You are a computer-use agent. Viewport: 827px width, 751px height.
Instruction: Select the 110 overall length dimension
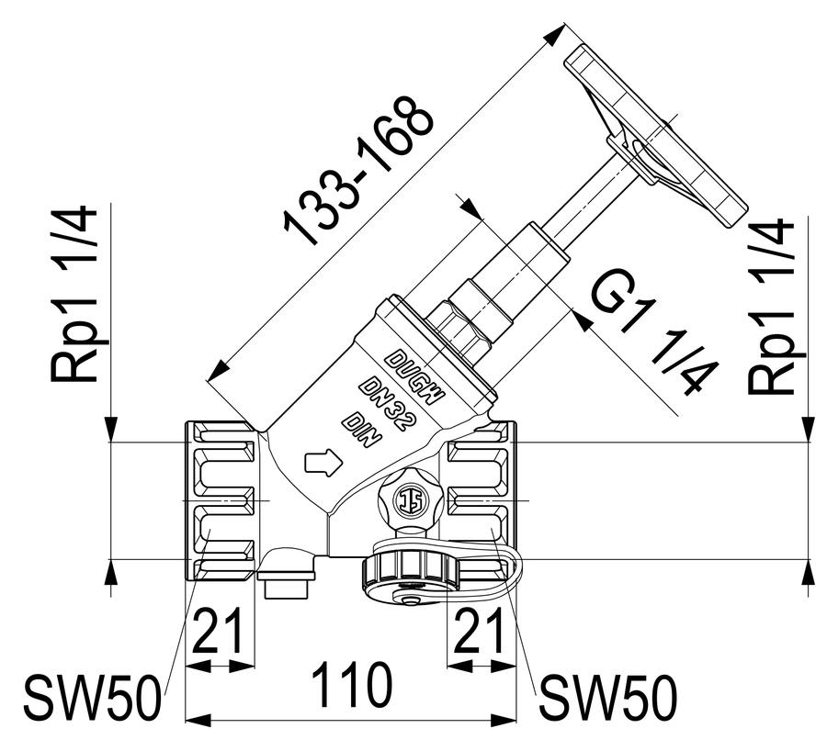pos(352,686)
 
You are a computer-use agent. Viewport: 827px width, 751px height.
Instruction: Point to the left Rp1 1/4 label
pos(74,295)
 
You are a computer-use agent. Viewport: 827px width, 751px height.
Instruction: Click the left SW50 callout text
pos(91,699)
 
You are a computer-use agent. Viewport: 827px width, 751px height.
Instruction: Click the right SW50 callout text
pos(607,699)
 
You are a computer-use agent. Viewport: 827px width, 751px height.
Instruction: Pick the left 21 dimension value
pos(217,631)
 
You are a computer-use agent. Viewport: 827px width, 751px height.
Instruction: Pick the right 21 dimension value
pos(479,631)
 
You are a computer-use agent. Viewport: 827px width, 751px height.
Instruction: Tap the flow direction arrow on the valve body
pos(323,463)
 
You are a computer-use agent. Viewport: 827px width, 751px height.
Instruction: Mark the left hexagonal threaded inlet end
pos(220,500)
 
